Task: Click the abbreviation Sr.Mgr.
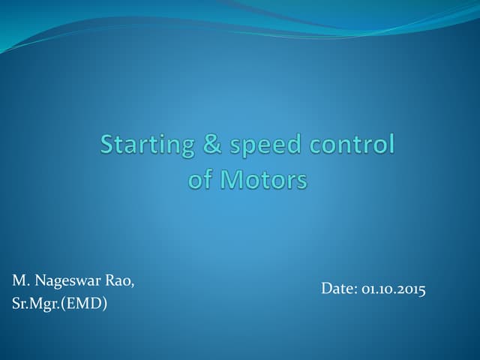[x=35, y=304]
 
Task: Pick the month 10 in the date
[x=385, y=289]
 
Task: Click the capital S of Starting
[x=109, y=144]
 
